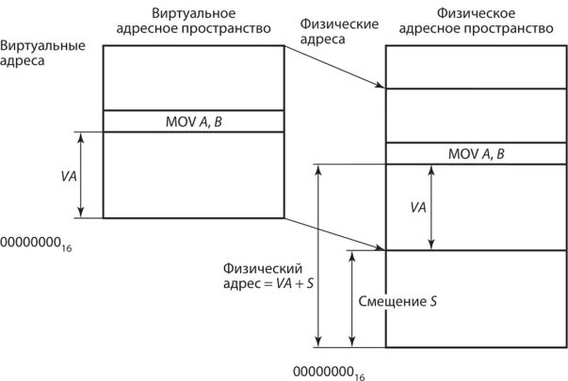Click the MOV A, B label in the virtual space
(193, 120)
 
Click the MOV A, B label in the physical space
(477, 153)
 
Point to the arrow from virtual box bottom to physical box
(334, 235)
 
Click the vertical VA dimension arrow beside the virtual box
(82, 175)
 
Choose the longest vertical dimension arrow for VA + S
(320, 254)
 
